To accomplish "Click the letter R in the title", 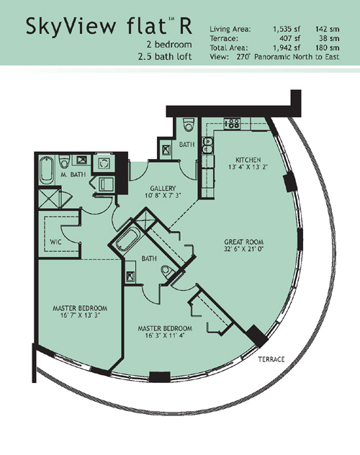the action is coord(186,26).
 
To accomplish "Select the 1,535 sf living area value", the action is coord(287,29).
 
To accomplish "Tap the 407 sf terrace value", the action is coord(289,38).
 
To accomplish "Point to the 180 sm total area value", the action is coord(327,48).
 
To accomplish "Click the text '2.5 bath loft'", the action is coord(165,56).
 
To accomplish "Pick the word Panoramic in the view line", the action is coord(272,57).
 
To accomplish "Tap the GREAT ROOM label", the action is coord(243,242).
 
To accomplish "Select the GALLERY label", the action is coord(163,189).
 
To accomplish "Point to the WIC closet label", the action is coord(55,242).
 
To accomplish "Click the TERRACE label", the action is coord(271,359).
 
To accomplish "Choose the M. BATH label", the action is coord(73,174).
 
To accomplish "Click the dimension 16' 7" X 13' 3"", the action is coord(80,315).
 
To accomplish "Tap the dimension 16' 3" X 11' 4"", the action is coord(165,335).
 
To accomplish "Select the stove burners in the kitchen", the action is coord(232,123).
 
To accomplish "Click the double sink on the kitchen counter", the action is coord(207,145).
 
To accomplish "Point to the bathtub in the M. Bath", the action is coord(46,171).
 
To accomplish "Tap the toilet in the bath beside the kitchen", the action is coord(189,125).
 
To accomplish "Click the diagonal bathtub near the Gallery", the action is coord(127,240).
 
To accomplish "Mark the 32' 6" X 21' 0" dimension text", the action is coord(243,248).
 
